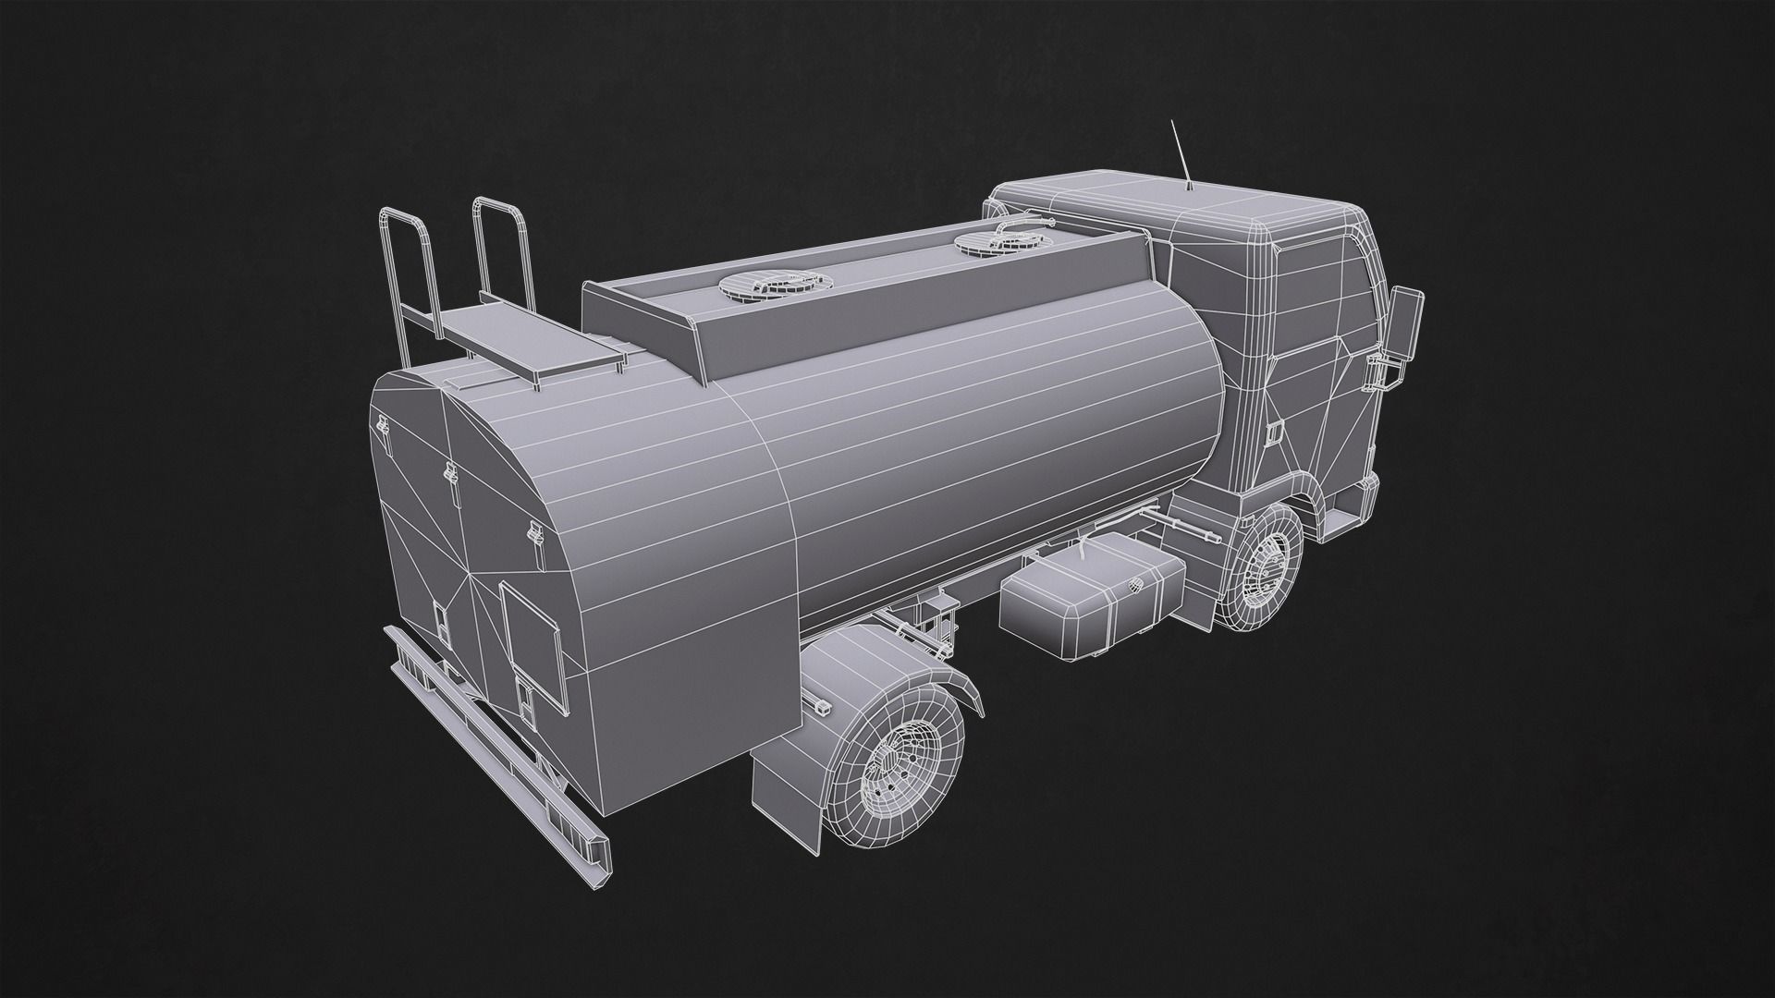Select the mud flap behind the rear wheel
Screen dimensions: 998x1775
[x=786, y=775]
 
